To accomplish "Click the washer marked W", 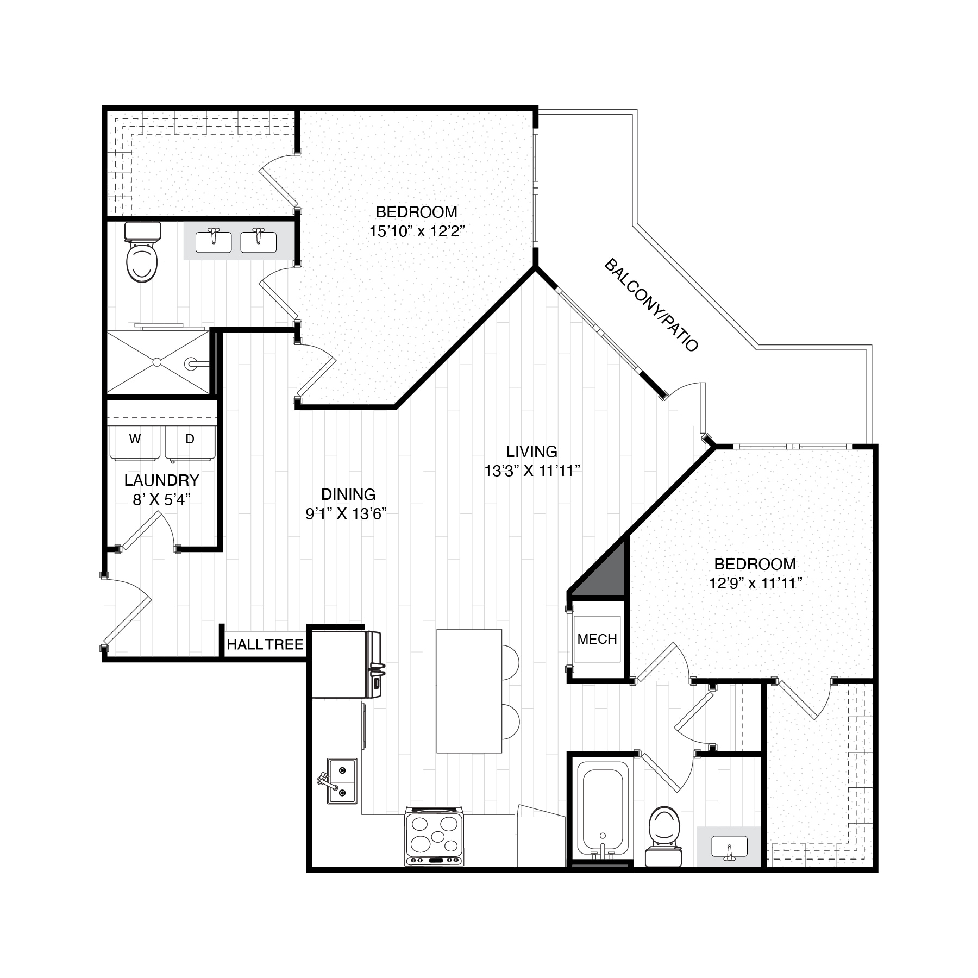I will pyautogui.click(x=135, y=442).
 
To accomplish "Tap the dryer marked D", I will pyautogui.click(x=190, y=442).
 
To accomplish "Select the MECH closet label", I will pyautogui.click(x=597, y=640).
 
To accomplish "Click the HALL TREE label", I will pyautogui.click(x=265, y=644).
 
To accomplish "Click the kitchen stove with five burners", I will pyautogui.click(x=434, y=835).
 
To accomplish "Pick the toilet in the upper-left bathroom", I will pyautogui.click(x=142, y=255).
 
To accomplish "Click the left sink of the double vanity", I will pyautogui.click(x=213, y=241).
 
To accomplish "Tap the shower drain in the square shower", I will pyautogui.click(x=157, y=361).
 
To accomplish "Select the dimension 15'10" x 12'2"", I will pyautogui.click(x=417, y=231).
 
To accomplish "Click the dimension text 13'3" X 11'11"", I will pyautogui.click(x=532, y=471).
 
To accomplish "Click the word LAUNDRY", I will pyautogui.click(x=161, y=480).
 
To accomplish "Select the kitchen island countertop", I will pyautogui.click(x=469, y=691).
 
